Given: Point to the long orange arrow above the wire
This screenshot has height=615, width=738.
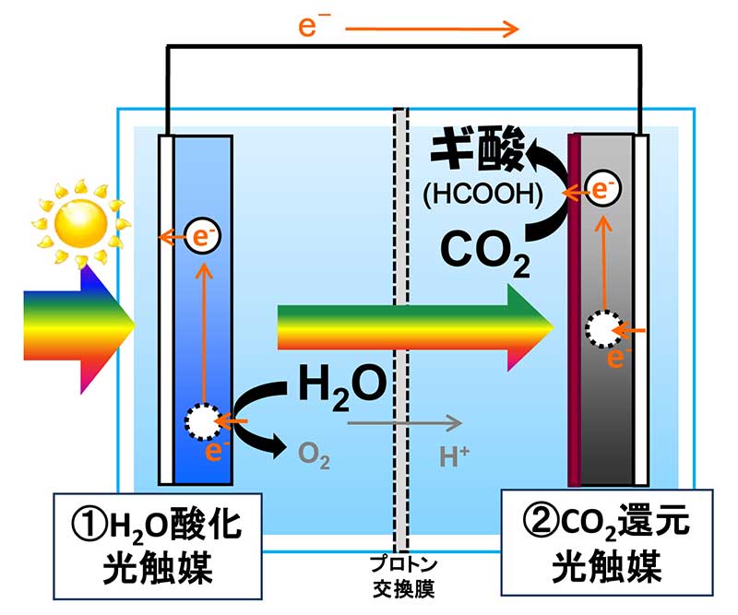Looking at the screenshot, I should [434, 30].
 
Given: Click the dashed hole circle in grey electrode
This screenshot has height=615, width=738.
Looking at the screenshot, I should [602, 327].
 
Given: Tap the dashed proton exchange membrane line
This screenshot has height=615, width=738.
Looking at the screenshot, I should [400, 277].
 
